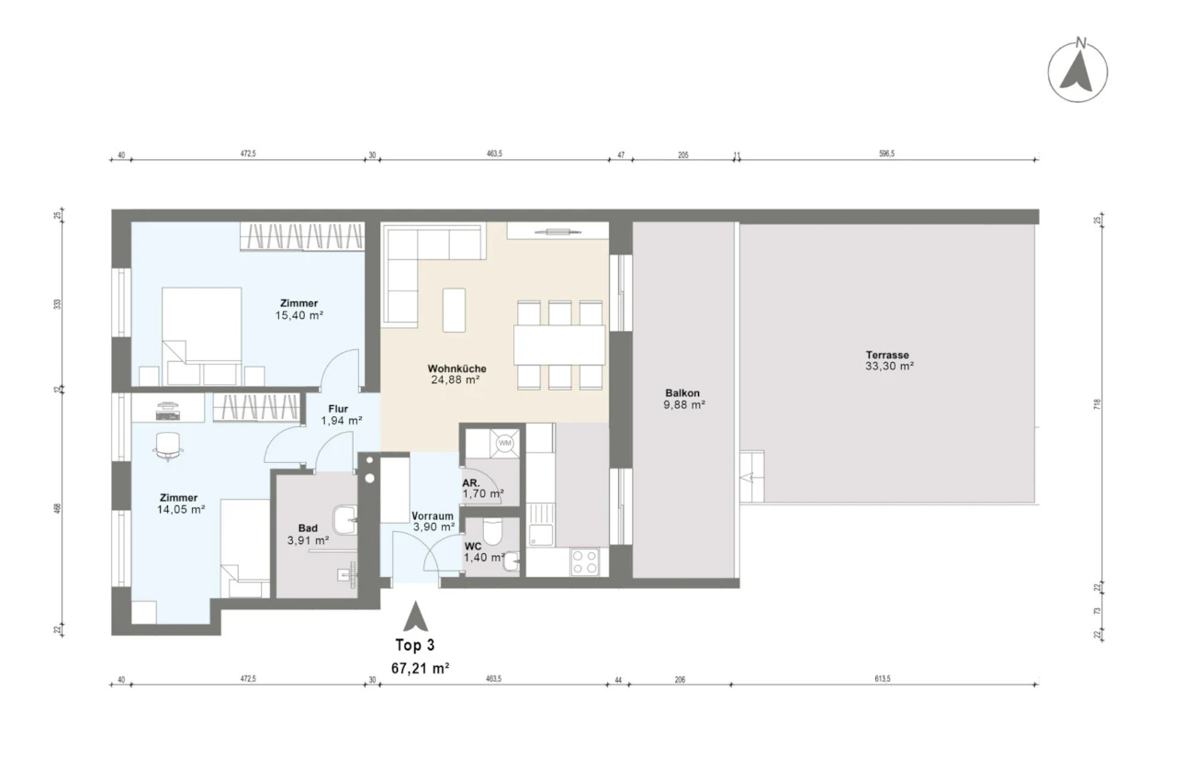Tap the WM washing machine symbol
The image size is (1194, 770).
[504, 443]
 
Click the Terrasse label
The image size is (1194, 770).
[887, 355]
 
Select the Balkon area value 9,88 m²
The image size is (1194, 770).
[684, 404]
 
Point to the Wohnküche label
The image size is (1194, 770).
[456, 368]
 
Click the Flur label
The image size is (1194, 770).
[338, 409]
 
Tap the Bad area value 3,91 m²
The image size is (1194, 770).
[308, 540]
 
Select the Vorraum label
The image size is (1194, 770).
[433, 516]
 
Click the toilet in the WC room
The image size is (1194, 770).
[491, 531]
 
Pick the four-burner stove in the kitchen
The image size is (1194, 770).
[584, 561]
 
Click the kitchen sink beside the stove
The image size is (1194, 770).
[540, 535]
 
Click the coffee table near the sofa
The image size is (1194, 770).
[454, 310]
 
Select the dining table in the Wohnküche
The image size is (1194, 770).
[559, 345]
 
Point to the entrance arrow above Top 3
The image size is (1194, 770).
[415, 617]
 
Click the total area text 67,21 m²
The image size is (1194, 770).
[420, 668]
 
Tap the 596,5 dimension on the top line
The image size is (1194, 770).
[886, 153]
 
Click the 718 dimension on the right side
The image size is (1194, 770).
[1097, 404]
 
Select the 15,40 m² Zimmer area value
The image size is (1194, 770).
[299, 315]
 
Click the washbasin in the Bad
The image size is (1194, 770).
[344, 519]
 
